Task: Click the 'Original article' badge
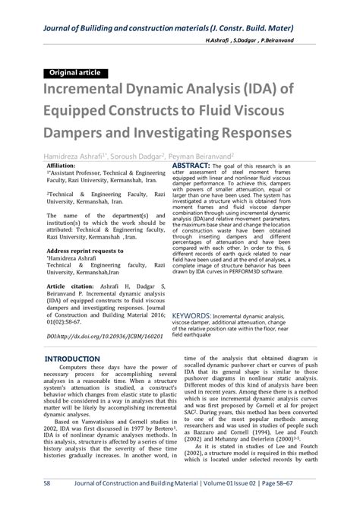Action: click(75, 74)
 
